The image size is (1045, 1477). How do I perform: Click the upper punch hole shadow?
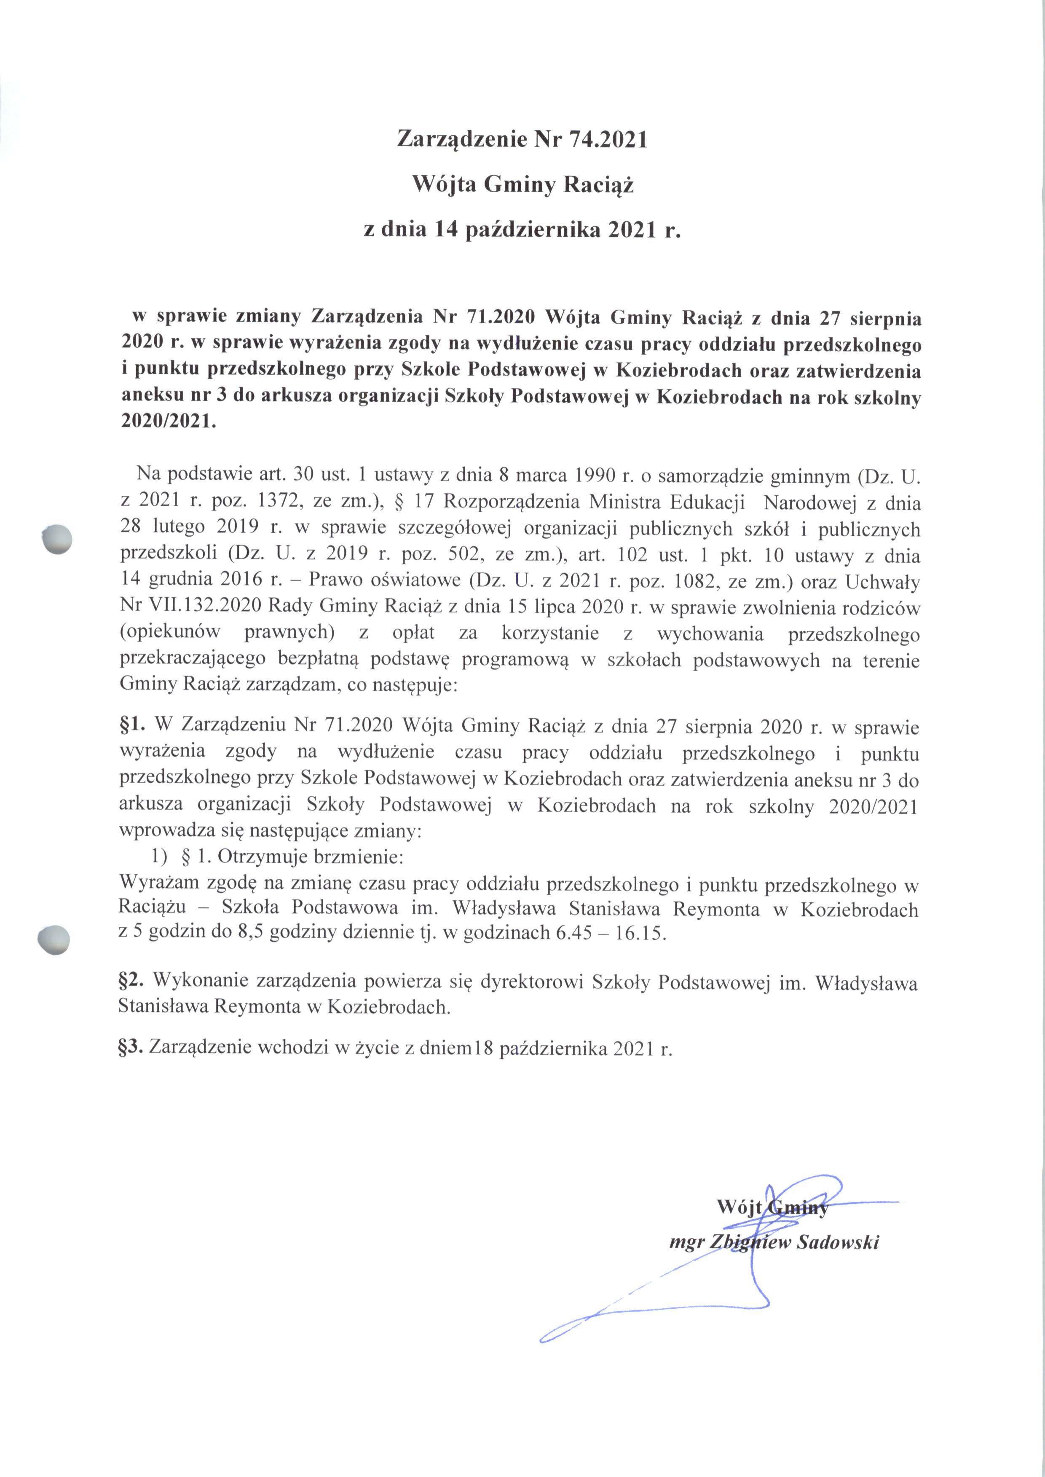[x=56, y=539]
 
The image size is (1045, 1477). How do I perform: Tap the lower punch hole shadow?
[x=54, y=940]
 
